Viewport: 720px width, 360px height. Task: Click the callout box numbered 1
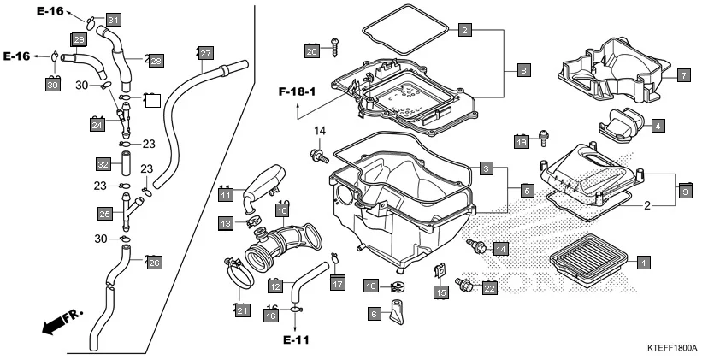tap(643, 263)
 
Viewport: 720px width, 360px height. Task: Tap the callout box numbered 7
tap(683, 75)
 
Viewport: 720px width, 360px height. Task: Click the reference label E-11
tap(296, 339)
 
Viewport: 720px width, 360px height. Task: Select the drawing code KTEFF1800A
tap(672, 349)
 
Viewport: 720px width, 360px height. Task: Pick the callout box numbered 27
tap(204, 52)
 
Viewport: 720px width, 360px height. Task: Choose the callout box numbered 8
tap(523, 70)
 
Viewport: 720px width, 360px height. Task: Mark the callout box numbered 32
tap(103, 163)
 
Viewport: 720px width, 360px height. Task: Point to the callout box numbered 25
tap(104, 214)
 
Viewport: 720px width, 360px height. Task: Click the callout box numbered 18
tap(371, 285)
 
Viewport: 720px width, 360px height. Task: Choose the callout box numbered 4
tap(657, 126)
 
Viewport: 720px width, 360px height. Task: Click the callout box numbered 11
tap(226, 195)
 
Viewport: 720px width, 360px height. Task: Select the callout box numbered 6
tap(374, 314)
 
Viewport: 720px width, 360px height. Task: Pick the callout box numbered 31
tap(114, 20)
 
